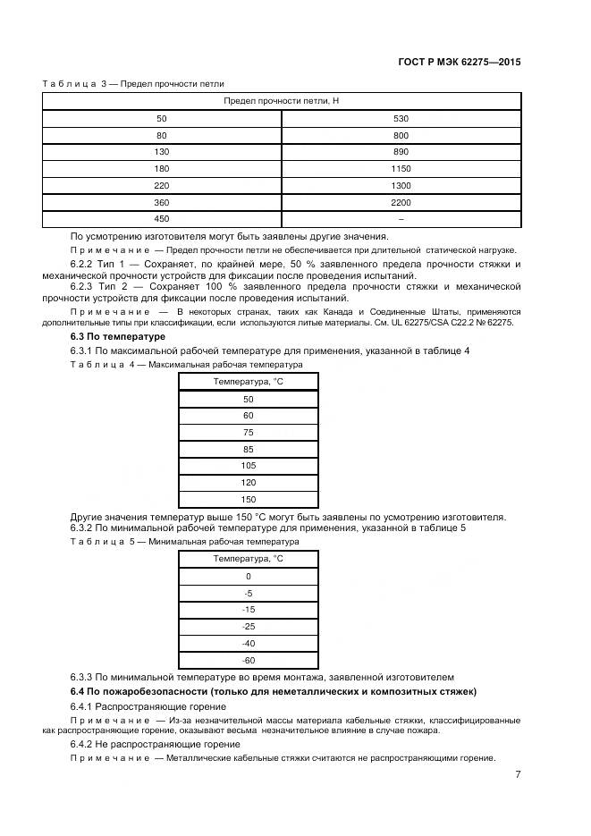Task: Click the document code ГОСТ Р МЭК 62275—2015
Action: coord(460,63)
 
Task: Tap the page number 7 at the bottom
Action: coord(518,774)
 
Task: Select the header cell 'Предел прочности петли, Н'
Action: coord(281,101)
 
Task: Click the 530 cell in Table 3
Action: coord(401,118)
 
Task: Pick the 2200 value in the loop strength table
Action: coord(401,202)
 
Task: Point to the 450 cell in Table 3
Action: coord(161,219)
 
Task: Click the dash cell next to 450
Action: coord(401,219)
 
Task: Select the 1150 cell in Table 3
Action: coord(401,169)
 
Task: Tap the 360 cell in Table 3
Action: coord(161,202)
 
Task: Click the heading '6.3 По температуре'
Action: coord(106,336)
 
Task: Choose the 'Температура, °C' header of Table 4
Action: coord(248,382)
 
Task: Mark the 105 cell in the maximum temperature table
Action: coord(248,466)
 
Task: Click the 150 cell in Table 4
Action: coord(248,500)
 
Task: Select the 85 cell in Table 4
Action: coord(248,449)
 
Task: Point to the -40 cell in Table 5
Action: coord(248,643)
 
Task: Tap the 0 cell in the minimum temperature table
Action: coord(248,576)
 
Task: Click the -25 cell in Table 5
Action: coord(248,626)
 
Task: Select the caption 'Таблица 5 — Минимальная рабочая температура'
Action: coord(171,542)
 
